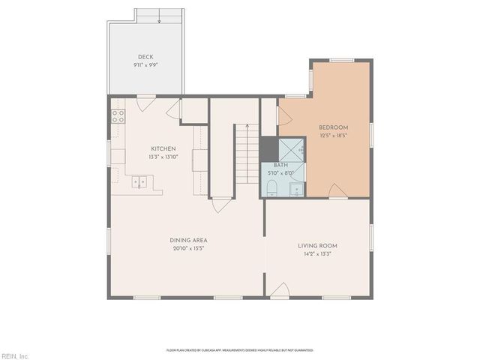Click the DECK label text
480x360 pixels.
[x=145, y=57]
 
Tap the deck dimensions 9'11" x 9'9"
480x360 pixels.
[x=145, y=65]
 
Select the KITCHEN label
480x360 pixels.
[x=163, y=148]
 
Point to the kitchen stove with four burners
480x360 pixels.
[x=118, y=115]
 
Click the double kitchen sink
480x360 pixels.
[x=139, y=181]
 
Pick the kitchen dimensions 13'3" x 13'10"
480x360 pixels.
[x=163, y=157]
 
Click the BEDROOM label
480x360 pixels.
[x=334, y=127]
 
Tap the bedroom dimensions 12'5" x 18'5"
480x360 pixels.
[x=334, y=136]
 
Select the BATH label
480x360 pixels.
[x=280, y=165]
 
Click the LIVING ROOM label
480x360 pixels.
[x=318, y=245]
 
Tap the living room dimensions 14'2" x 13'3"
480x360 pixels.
[x=318, y=253]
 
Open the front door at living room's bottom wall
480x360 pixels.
[x=279, y=292]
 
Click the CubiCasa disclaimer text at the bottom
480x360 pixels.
[x=240, y=349]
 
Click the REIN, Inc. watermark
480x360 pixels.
[x=15, y=355]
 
